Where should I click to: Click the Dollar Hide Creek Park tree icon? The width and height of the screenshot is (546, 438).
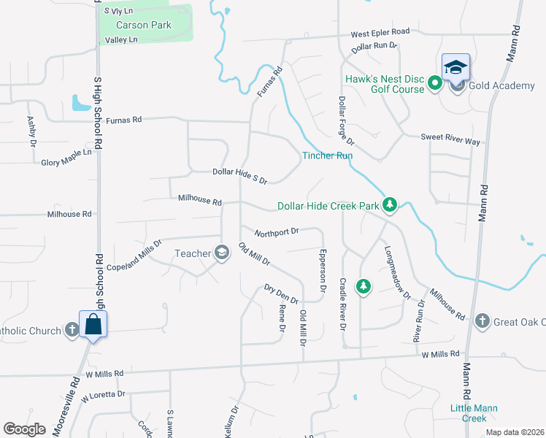click(390, 205)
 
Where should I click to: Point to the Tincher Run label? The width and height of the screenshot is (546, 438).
click(328, 155)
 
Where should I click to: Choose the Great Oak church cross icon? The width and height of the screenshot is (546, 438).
click(482, 321)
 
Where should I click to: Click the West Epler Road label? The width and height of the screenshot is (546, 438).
click(380, 33)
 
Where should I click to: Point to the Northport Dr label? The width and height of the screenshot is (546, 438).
click(277, 232)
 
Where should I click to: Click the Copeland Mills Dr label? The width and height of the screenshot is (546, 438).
click(134, 253)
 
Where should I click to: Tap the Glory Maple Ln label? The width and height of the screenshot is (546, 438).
click(66, 158)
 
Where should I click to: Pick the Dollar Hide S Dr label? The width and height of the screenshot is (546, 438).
click(240, 175)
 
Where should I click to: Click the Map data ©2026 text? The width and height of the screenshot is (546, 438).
click(514, 432)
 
